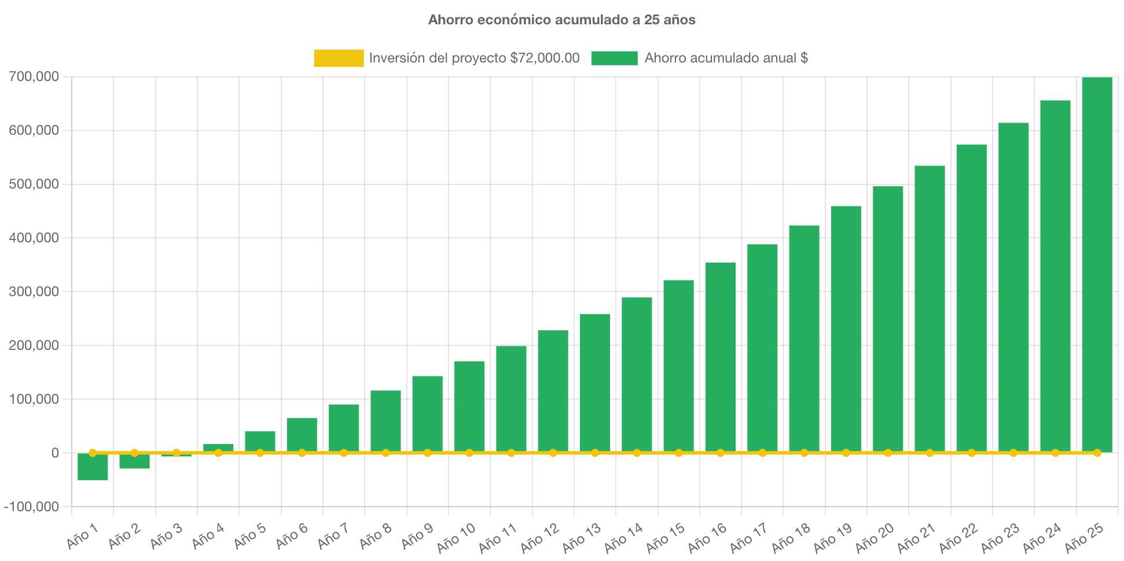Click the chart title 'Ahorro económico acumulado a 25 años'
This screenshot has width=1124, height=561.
coord(561,20)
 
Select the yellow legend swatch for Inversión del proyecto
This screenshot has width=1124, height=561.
coord(339,58)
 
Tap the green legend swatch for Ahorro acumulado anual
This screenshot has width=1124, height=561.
coord(614,58)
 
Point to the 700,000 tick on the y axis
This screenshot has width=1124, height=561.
coord(34,76)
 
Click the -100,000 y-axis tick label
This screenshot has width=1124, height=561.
coord(31,507)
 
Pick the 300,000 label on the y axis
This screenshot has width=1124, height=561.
coord(34,291)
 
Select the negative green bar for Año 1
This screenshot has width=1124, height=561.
coord(93,467)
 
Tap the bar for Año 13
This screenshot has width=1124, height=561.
coord(595,382)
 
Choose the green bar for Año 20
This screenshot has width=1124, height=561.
coord(888,318)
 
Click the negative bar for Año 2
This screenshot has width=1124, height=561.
coord(134,462)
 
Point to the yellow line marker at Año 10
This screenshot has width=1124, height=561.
coord(469,453)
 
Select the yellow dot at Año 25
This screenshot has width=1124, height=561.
coord(1097,453)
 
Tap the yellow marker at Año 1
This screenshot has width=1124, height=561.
coord(93,453)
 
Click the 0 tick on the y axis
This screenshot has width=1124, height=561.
coord(55,453)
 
